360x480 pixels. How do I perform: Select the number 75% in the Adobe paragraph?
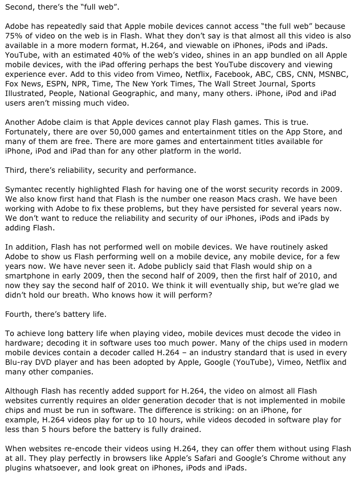coord(14,36)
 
